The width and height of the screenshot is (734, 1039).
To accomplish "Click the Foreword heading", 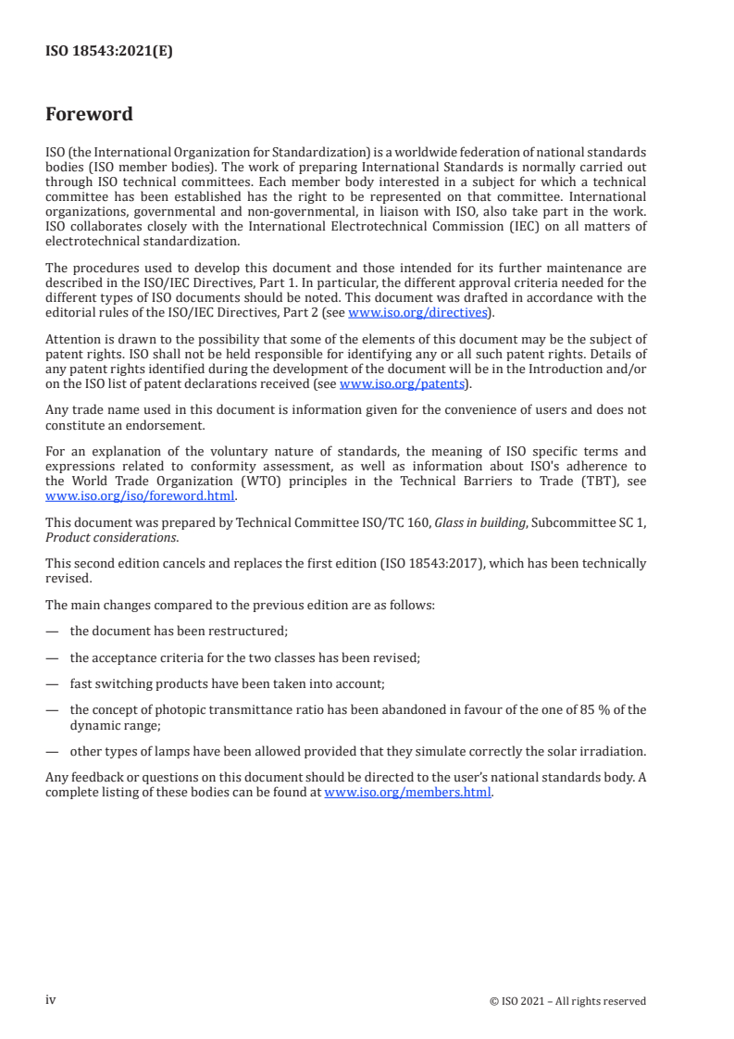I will [89, 115].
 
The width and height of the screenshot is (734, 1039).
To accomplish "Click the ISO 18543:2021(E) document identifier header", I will [109, 52].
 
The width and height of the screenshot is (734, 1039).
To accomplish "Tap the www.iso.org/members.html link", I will [407, 792].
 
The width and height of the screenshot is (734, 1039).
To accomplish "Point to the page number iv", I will [51, 999].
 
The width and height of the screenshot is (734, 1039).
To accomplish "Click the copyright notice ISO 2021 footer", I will [567, 1000].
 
